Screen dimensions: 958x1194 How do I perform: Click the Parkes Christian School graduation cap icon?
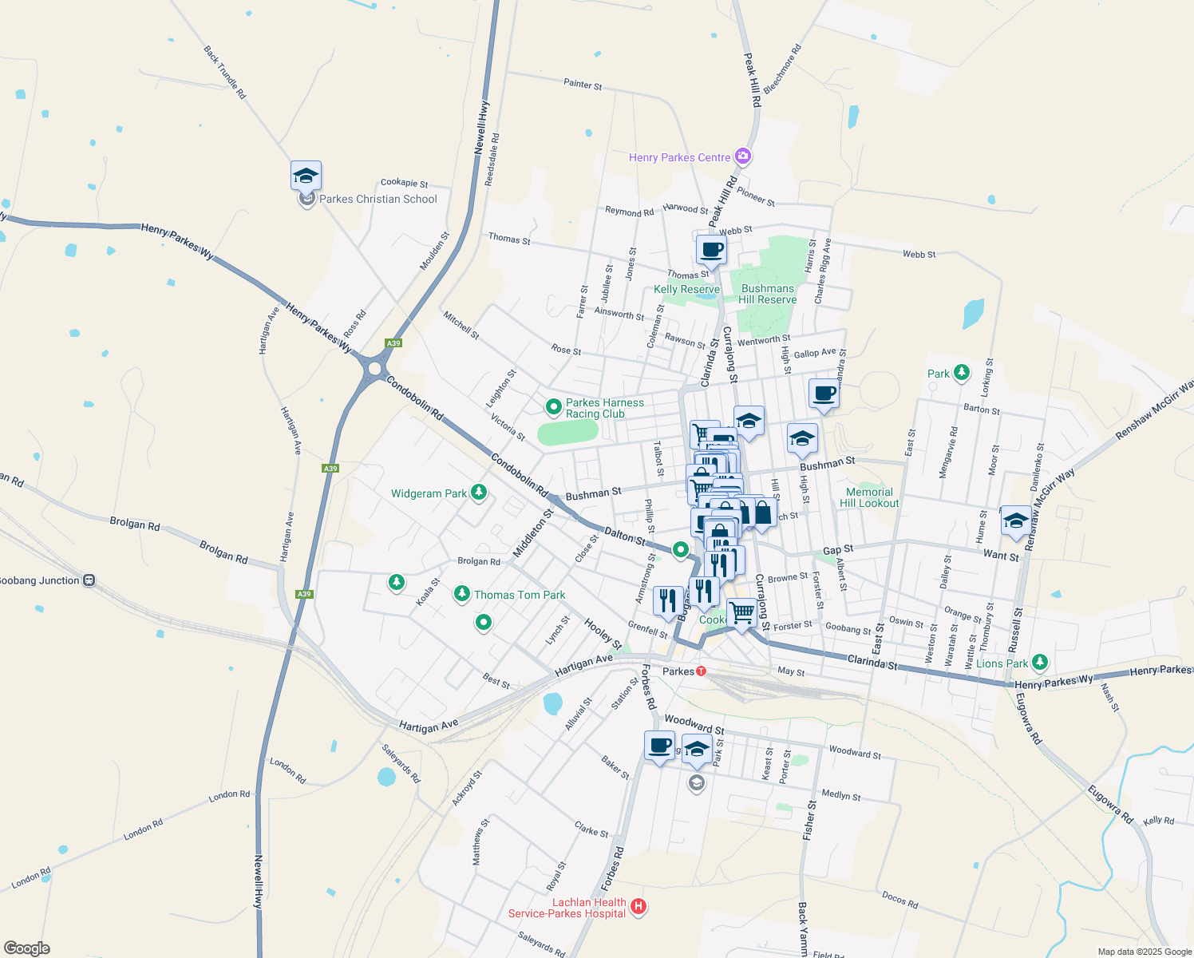click(x=306, y=176)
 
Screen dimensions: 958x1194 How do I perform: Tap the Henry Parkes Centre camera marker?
click(x=743, y=156)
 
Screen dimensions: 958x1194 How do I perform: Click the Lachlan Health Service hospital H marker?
click(x=638, y=906)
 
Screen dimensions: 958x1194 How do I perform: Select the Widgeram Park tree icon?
click(x=479, y=493)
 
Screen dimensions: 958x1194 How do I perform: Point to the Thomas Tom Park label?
click(x=519, y=595)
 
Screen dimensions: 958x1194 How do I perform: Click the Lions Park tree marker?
click(x=1039, y=662)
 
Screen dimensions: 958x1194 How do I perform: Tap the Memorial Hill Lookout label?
click(x=869, y=497)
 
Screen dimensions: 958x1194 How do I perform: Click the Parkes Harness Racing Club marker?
click(x=553, y=408)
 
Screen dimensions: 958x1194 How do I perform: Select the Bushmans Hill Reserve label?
click(x=767, y=294)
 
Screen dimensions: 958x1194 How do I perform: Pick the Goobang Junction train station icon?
click(x=89, y=580)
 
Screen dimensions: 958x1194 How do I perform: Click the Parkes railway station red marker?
click(x=701, y=671)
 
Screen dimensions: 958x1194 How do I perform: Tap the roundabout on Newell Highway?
click(x=374, y=369)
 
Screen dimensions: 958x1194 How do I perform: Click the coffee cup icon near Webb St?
click(x=711, y=249)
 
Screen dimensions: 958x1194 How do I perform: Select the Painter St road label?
click(x=583, y=84)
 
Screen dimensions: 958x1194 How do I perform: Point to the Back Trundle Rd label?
click(x=225, y=72)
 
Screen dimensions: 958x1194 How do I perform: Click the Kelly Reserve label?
click(x=686, y=289)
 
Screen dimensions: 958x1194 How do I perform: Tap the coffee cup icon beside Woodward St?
click(x=659, y=746)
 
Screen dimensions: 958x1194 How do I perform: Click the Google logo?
click(x=26, y=948)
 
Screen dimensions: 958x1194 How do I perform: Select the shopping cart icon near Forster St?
click(x=742, y=613)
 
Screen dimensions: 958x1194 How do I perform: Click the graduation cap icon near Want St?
click(x=1015, y=521)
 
